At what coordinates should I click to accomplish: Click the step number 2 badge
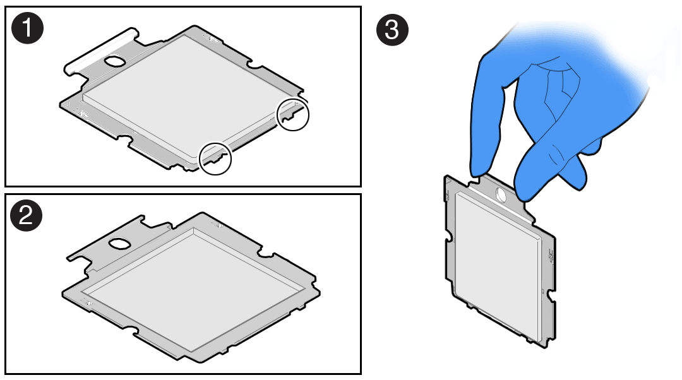(26, 215)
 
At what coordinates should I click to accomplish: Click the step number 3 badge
(392, 30)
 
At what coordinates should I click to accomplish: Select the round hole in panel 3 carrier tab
(501, 195)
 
